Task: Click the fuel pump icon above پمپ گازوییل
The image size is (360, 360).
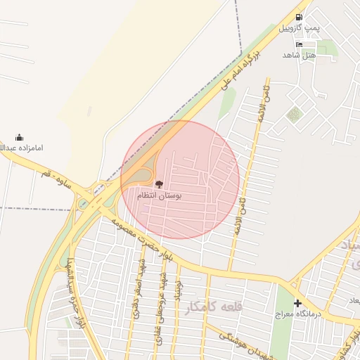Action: pyautogui.click(x=300, y=17)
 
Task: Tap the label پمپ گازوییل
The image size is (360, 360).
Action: pyautogui.click(x=300, y=29)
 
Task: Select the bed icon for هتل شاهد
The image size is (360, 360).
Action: pyautogui.click(x=300, y=44)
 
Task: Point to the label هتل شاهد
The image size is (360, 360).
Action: pyautogui.click(x=300, y=55)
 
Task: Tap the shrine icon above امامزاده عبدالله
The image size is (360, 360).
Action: pyautogui.click(x=19, y=137)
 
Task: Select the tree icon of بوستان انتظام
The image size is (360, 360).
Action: pyautogui.click(x=159, y=185)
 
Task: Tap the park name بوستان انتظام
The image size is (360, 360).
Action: pyautogui.click(x=160, y=196)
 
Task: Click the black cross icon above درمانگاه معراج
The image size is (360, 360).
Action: pyautogui.click(x=297, y=304)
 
